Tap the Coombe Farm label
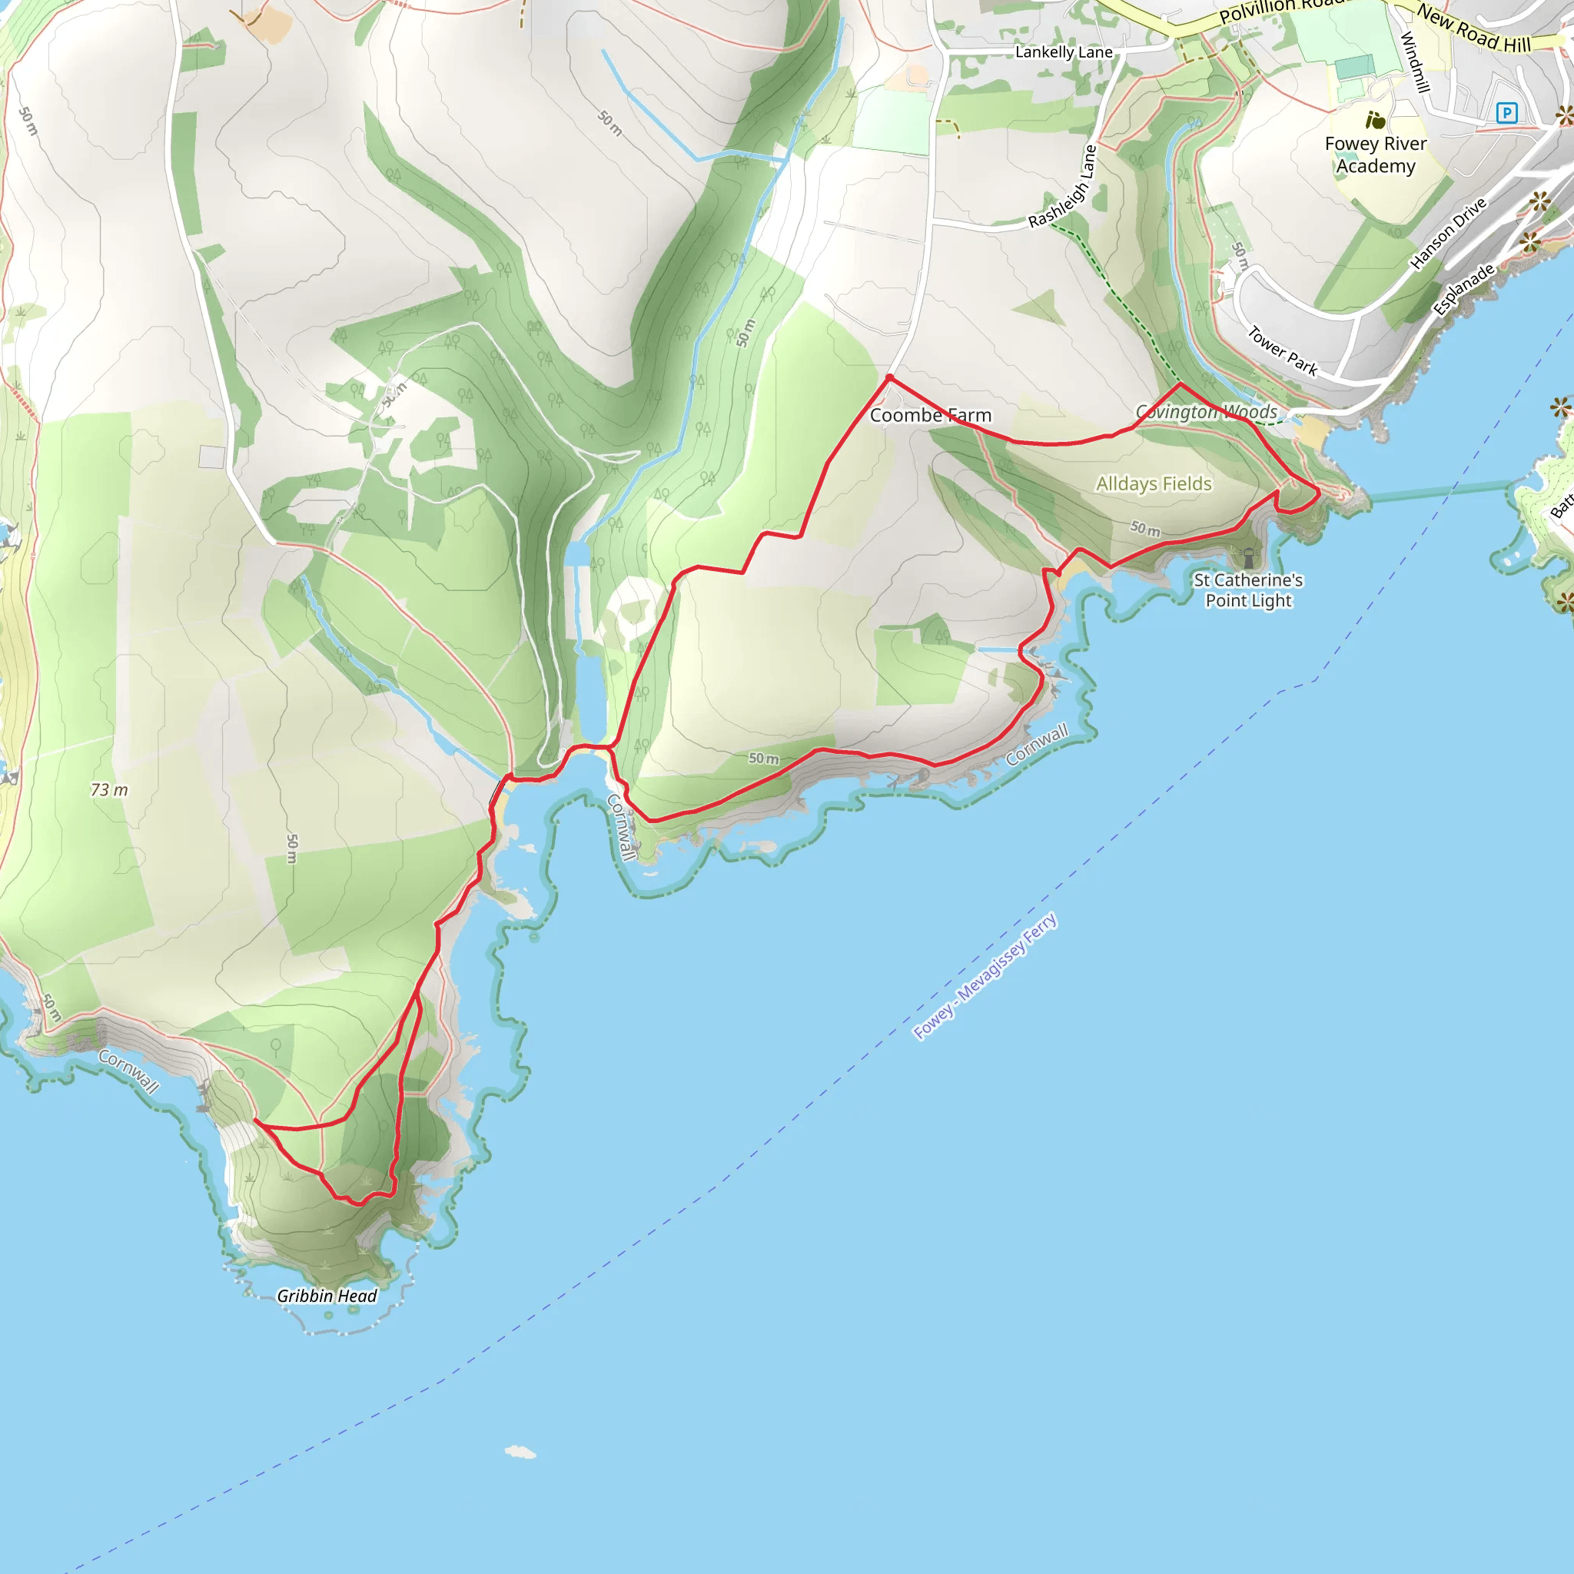pos(931,416)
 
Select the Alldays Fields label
pos(1154,484)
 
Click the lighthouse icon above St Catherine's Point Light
pos(1248,558)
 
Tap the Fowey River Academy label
pos(1375,154)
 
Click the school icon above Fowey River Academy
pos(1375,121)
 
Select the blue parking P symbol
pos(1506,113)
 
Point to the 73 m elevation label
pos(109,789)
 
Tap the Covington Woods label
pos(1207,412)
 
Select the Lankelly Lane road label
pos(1063,52)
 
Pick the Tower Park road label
pos(1283,350)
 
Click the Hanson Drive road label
pos(1448,234)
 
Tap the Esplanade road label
pos(1464,289)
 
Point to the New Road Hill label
pos(1474,29)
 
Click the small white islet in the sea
pos(520,1452)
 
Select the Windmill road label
pos(1415,62)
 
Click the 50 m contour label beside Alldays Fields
pos(1144,529)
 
